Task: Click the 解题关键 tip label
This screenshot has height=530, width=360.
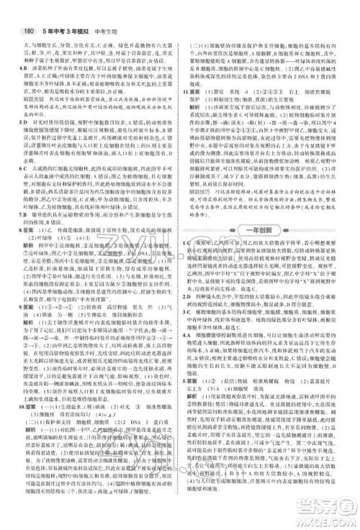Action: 33,101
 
